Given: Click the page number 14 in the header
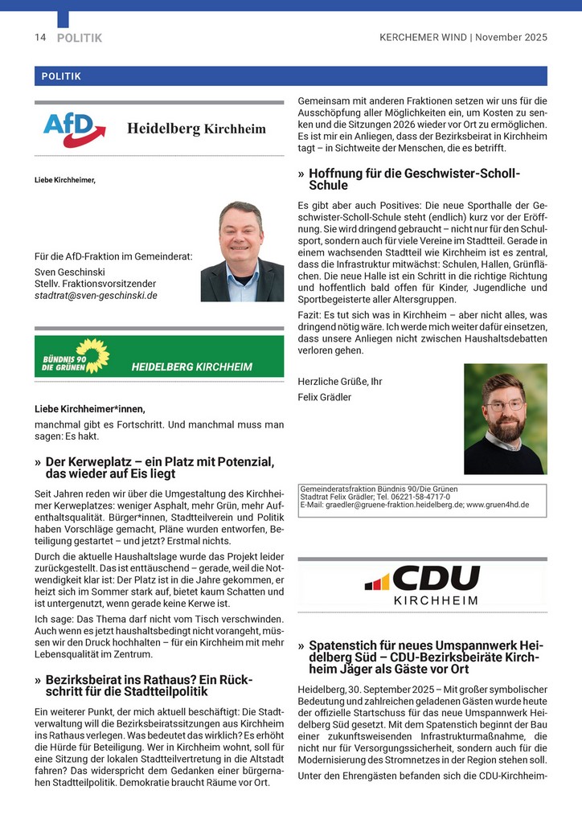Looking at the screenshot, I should click(x=40, y=38).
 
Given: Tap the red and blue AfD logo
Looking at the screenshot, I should click(x=75, y=129).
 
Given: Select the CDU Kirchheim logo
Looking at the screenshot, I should click(x=424, y=584).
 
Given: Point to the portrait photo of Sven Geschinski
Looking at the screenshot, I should click(x=242, y=252).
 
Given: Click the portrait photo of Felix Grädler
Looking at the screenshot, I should click(x=505, y=419).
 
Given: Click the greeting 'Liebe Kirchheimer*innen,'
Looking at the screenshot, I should click(x=90, y=409).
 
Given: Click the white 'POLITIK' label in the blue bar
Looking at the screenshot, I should click(x=61, y=76).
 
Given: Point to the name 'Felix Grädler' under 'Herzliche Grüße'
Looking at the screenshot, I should click(x=324, y=397).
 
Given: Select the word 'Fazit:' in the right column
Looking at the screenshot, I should click(x=310, y=316).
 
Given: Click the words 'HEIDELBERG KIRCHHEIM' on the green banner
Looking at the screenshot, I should click(x=191, y=367).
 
